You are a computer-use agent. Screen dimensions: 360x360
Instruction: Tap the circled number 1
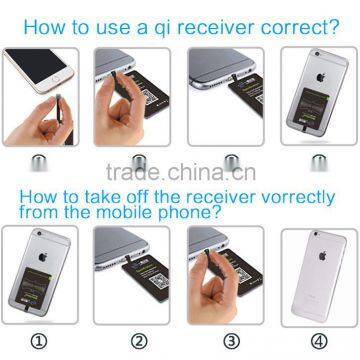41,337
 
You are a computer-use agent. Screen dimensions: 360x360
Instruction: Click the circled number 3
227,337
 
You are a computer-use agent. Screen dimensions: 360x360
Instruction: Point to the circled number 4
318,337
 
